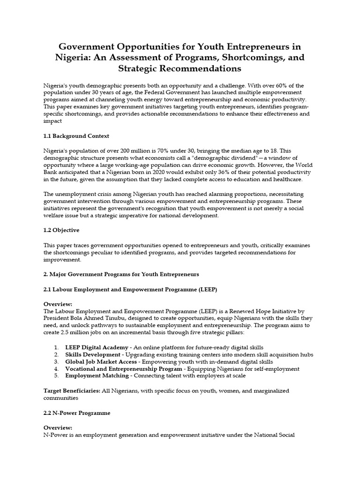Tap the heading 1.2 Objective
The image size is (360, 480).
click(61, 230)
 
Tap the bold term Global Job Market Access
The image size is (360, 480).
click(101, 361)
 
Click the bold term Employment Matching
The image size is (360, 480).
click(97, 375)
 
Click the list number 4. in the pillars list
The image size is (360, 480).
click(56, 368)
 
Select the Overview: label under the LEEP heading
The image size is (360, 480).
click(58, 304)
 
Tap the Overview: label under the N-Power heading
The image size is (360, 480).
click(58, 427)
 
